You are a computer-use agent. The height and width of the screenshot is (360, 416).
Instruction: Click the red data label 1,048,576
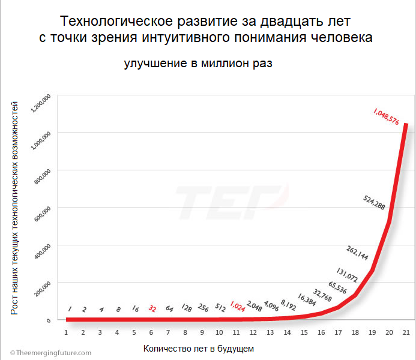click(386, 116)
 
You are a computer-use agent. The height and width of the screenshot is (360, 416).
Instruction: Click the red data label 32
click(152, 309)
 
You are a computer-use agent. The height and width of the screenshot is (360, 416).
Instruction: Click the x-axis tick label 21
click(406, 331)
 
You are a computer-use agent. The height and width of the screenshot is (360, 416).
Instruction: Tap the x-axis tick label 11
click(236, 331)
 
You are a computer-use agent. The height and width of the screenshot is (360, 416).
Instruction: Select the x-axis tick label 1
click(66, 331)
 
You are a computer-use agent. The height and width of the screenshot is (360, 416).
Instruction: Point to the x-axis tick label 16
click(321, 331)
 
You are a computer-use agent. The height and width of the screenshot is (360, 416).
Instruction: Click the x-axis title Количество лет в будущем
click(199, 348)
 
